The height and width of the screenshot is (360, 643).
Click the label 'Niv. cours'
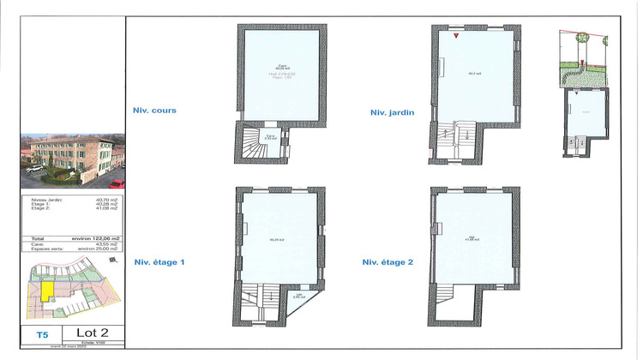pos(154,110)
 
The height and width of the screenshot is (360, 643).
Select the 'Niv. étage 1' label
pos(159,262)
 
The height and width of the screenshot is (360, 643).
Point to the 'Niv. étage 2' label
pos(388,262)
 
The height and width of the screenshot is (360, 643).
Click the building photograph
pos(72,160)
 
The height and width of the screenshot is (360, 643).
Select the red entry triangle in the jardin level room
pos(457,36)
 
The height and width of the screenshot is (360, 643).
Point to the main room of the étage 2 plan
pos(476,231)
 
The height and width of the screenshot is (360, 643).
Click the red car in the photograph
pos(117,183)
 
